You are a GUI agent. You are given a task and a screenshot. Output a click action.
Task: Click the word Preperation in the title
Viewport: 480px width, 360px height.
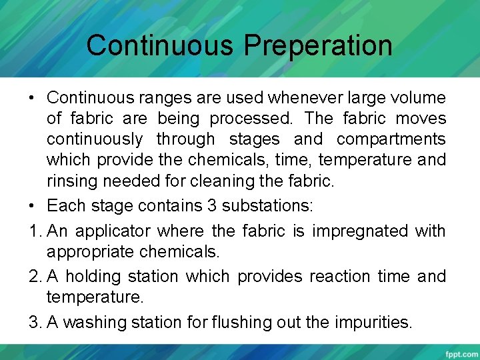tap(318, 46)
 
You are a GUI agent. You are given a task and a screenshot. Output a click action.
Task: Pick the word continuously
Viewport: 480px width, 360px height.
tap(95, 139)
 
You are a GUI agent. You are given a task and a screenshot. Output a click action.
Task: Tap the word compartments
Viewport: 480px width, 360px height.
tap(391, 139)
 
